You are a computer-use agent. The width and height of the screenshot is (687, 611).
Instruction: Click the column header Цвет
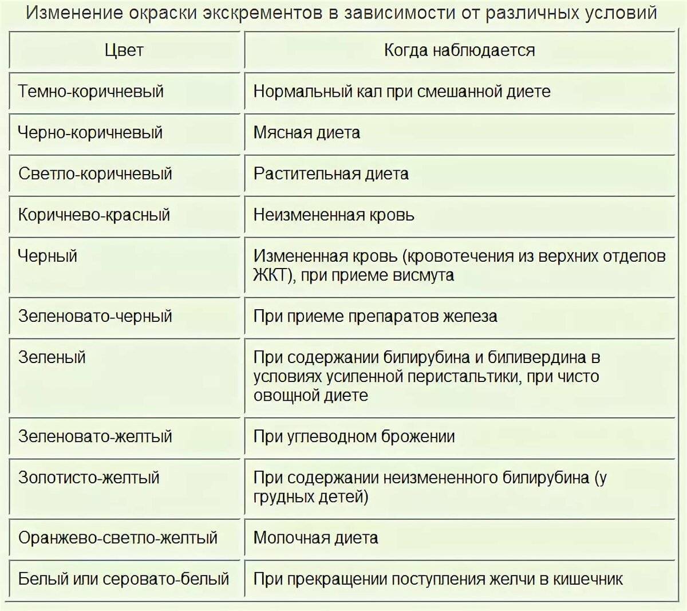click(x=124, y=50)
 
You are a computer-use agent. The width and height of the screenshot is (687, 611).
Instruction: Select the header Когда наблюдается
click(x=459, y=50)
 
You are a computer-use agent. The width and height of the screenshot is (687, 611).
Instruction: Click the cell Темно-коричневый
click(x=91, y=92)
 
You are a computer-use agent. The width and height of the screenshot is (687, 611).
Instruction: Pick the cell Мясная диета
click(x=307, y=133)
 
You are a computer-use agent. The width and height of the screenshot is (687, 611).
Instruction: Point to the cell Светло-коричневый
click(x=95, y=174)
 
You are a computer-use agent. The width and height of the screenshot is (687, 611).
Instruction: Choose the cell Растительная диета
click(x=331, y=174)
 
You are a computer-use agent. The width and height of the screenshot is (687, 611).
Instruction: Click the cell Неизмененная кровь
click(x=334, y=215)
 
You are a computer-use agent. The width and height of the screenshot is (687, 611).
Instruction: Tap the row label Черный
click(x=48, y=256)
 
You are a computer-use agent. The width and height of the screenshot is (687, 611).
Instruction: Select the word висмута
click(x=423, y=275)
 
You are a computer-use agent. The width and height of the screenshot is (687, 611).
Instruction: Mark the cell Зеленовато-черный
click(x=95, y=316)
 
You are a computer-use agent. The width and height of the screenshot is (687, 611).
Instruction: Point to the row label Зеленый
click(x=52, y=357)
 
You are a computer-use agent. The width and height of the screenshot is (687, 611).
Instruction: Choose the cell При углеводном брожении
click(x=354, y=437)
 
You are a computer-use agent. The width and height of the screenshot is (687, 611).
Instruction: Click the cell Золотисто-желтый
click(x=89, y=478)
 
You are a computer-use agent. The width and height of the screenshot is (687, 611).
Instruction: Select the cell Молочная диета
click(x=315, y=538)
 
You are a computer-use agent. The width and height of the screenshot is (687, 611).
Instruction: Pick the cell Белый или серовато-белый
click(x=124, y=579)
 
